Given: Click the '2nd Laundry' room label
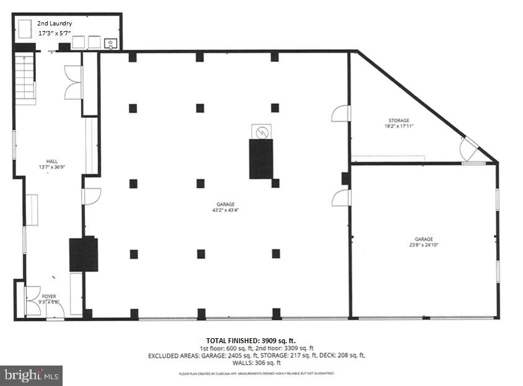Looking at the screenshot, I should point(55,23).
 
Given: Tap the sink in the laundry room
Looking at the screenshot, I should point(110,43).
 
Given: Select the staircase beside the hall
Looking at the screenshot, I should point(25,78).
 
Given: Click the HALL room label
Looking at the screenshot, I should point(43,161).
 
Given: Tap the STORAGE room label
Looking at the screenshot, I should point(398,120).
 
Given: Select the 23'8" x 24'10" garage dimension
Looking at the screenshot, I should point(424,245).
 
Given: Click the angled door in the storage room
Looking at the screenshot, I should point(468,148).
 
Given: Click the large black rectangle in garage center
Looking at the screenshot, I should point(261,159).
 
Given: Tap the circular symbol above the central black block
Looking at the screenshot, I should point(261,132).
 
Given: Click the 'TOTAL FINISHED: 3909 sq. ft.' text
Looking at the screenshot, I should point(251,341).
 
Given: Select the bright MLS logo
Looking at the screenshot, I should point(31,375).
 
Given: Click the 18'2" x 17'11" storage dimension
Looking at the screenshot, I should point(398,126).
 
